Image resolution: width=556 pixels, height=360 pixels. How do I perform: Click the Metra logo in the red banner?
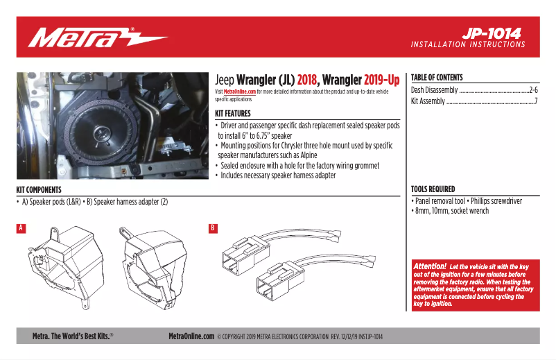[98, 37]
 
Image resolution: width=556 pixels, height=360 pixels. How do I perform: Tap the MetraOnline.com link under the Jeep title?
[239, 92]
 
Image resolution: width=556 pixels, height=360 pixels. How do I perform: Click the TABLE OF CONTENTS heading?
[437, 78]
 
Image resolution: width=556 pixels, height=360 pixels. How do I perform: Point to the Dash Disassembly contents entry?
[435, 90]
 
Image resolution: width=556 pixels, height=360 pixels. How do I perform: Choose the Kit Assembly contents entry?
[428, 101]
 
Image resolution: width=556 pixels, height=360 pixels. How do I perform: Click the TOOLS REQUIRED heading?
[433, 189]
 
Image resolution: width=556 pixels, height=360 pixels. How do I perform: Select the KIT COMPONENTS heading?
[39, 189]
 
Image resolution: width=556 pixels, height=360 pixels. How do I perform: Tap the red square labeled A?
[21, 228]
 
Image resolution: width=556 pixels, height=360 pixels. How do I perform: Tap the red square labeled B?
[213, 228]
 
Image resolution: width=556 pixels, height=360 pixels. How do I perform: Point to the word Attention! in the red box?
[429, 266]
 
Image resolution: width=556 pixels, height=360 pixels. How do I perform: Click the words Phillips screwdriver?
[495, 201]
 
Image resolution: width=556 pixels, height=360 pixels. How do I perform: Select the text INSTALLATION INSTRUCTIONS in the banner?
[468, 44]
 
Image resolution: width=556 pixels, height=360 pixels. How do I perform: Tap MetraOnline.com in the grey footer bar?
[191, 336]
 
